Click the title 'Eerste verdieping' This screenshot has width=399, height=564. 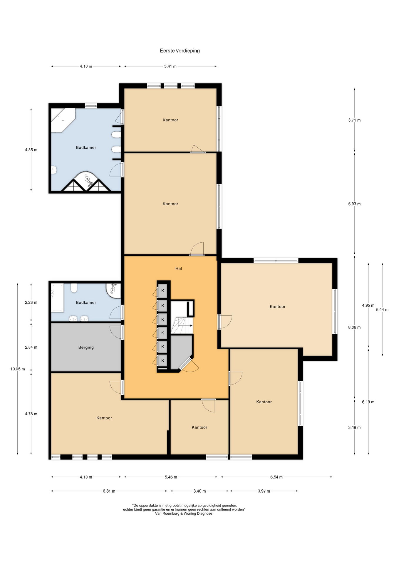coord(180,51)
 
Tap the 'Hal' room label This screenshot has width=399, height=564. coord(179,268)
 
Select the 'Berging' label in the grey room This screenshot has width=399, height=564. coord(86,347)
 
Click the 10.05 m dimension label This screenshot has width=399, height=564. coord(18,369)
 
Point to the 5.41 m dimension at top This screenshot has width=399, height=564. coord(170,66)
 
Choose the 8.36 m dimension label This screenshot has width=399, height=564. coord(354,327)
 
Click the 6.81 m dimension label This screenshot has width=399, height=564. coord(109,491)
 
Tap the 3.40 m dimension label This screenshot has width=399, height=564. coord(199,491)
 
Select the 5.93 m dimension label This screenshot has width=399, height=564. coord(354,204)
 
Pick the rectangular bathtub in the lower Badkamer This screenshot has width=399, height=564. coord(57,298)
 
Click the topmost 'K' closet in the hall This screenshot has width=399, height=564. coord(162,291)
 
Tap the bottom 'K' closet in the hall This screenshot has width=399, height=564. coord(162,360)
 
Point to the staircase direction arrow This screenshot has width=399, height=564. coord(187,325)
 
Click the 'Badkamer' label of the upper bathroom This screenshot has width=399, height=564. coord(86,147)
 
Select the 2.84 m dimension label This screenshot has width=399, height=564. coord(31,347)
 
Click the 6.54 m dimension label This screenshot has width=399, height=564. coord(276,477)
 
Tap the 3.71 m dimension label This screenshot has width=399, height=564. coord(354,120)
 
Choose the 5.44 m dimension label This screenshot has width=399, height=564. coord(382,310)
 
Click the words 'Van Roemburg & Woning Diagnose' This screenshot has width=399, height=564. coord(184,513)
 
